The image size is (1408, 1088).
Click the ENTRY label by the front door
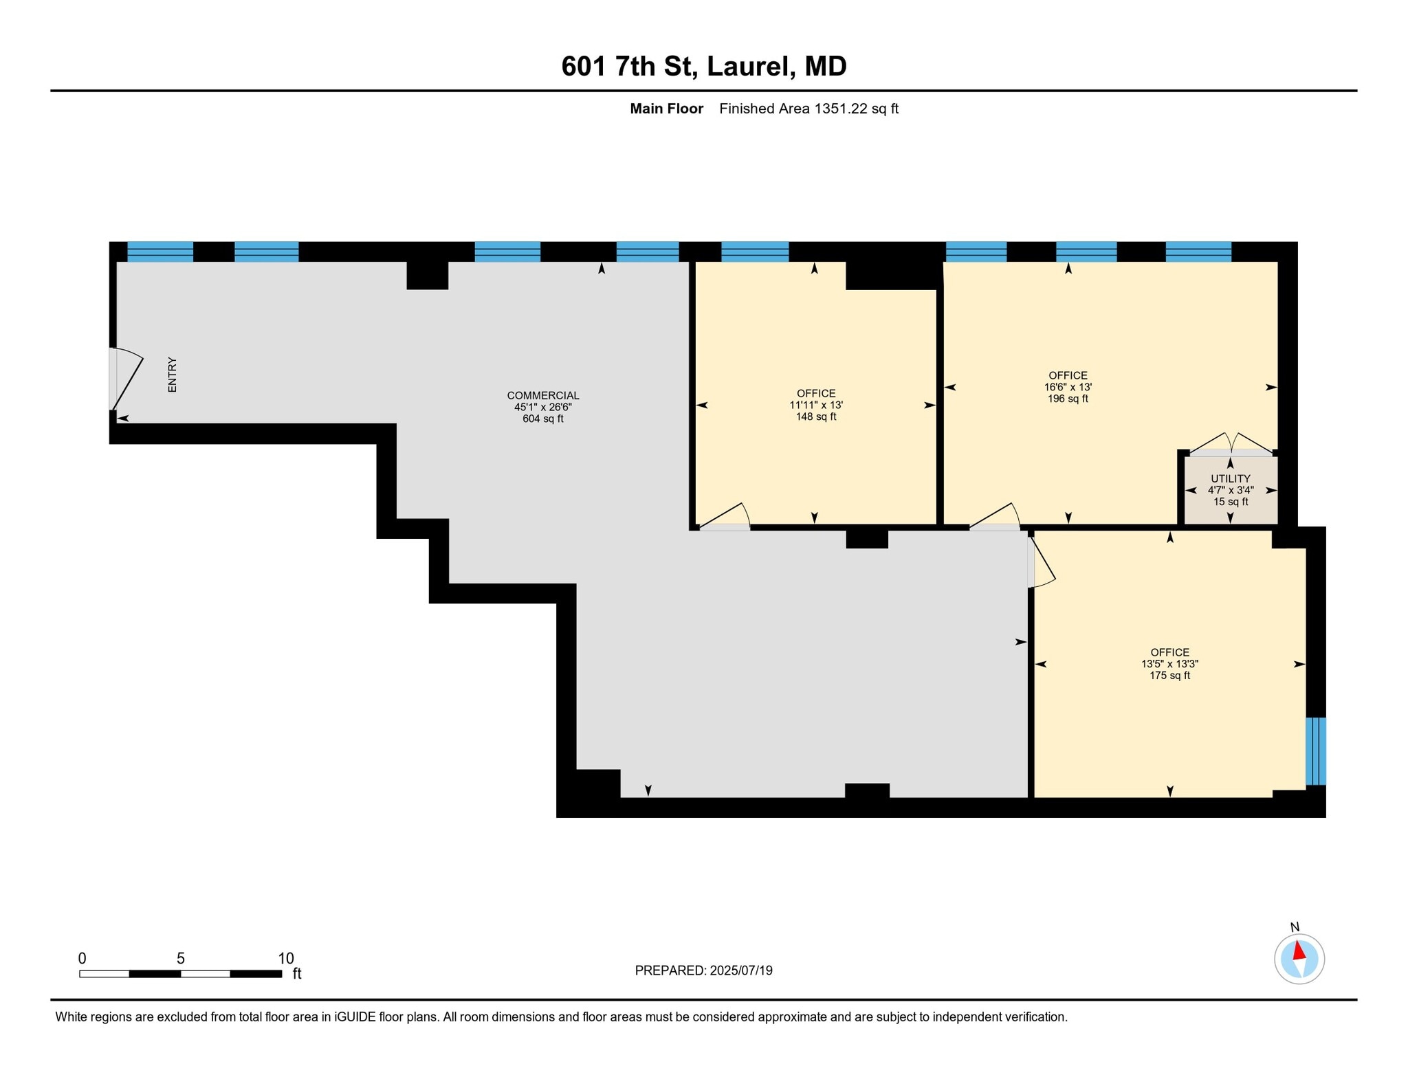click(x=173, y=375)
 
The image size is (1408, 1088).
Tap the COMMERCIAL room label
click(x=543, y=395)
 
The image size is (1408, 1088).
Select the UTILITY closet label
click(x=1230, y=478)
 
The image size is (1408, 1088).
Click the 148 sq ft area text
click(x=816, y=417)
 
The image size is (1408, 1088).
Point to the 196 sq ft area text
click(x=1068, y=399)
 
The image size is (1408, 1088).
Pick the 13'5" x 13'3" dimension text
click(x=1169, y=664)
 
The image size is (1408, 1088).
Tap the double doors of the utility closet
click(x=1230, y=443)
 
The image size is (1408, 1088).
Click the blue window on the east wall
click(x=1315, y=751)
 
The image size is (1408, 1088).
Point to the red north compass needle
click(x=1299, y=951)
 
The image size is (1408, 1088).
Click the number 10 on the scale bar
click(x=286, y=958)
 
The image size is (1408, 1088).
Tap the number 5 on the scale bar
click(x=180, y=958)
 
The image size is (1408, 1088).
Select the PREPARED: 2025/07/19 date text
click(x=703, y=970)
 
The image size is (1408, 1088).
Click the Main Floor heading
click(x=666, y=109)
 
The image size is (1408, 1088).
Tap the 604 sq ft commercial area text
click(x=543, y=419)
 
